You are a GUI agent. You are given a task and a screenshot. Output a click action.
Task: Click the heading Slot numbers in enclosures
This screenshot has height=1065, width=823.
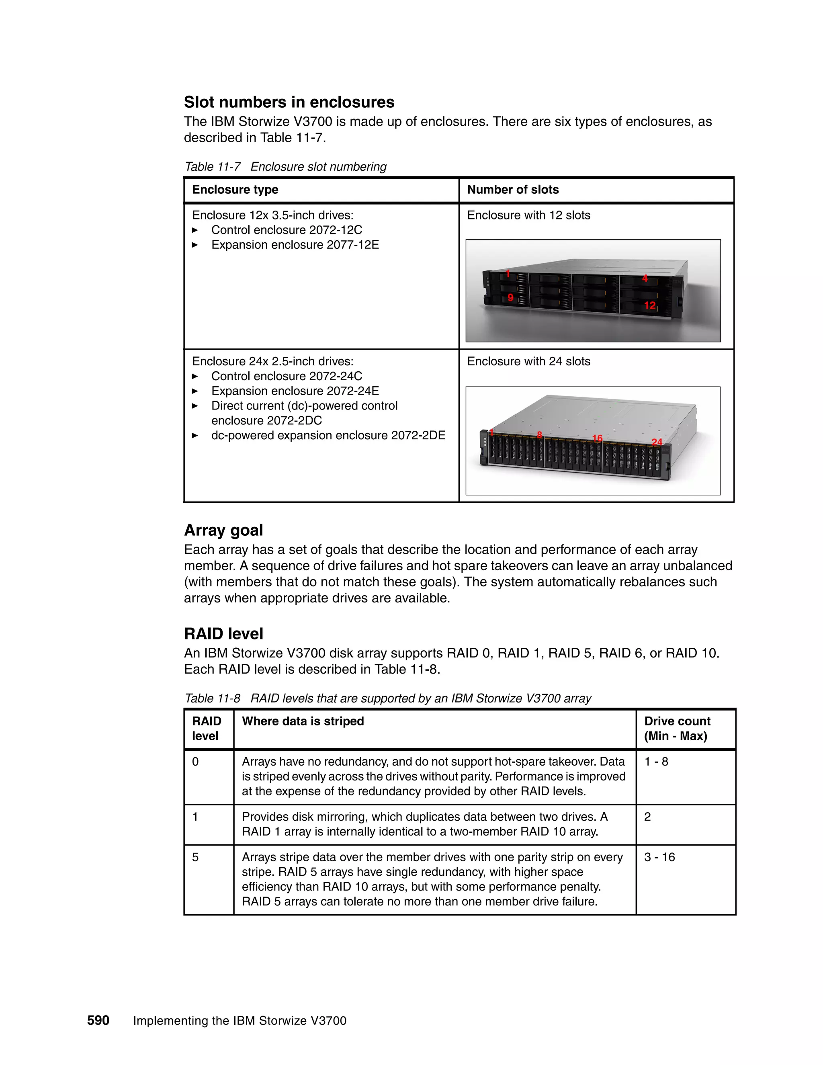click(x=289, y=102)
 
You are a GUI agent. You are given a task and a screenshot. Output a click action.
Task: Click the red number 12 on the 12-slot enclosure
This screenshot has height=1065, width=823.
click(x=649, y=305)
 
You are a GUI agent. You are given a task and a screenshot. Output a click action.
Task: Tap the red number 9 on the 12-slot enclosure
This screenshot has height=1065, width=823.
click(x=510, y=297)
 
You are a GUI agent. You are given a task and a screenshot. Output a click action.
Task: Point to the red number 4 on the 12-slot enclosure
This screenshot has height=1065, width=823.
click(x=645, y=279)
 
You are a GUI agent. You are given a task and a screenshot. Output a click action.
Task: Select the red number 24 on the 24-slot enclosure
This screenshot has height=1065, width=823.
click(x=657, y=442)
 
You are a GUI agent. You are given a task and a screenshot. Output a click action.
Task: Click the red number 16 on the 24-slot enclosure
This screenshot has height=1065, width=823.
click(x=597, y=438)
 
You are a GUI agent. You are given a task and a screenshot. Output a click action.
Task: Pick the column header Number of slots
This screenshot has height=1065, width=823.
click(x=512, y=190)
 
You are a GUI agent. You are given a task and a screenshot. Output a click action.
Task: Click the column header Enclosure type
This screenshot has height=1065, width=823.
click(x=235, y=190)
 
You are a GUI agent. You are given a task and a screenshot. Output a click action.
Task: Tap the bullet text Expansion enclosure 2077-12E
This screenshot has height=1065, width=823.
click(x=295, y=245)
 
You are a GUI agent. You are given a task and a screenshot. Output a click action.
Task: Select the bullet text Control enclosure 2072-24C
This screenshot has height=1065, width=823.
click(x=286, y=376)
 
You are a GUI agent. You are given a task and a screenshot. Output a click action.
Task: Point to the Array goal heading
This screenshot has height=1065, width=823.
click(x=223, y=530)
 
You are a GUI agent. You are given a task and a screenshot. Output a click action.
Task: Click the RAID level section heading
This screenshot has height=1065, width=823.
click(x=223, y=633)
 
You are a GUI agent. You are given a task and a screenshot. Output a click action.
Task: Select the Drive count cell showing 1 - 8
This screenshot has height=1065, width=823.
click(x=656, y=762)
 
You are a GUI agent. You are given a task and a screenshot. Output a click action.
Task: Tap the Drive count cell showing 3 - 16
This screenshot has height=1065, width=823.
click(x=659, y=857)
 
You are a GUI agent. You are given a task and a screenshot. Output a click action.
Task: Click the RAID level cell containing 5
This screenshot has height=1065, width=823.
click(x=196, y=857)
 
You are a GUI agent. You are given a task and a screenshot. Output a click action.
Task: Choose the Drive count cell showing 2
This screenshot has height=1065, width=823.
click(x=647, y=816)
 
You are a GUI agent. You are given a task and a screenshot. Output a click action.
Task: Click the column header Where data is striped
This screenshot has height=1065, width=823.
click(x=303, y=721)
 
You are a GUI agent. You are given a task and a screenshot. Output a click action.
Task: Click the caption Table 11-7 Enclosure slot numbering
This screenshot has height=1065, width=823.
click(x=285, y=167)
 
